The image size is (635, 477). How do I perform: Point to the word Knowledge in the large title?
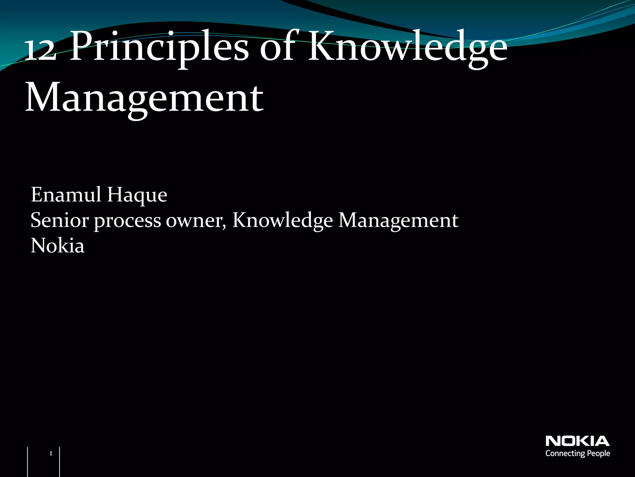click(407, 48)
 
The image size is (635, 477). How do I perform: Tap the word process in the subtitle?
click(127, 221)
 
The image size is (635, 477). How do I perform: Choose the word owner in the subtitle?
click(194, 220)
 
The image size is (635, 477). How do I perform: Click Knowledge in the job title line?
click(282, 220)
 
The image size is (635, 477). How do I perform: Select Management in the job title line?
click(398, 220)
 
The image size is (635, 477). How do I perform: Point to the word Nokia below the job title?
click(57, 246)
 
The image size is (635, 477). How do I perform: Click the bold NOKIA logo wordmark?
click(577, 441)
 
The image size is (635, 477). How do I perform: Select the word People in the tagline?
click(598, 454)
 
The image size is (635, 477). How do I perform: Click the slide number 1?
click(51, 454)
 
